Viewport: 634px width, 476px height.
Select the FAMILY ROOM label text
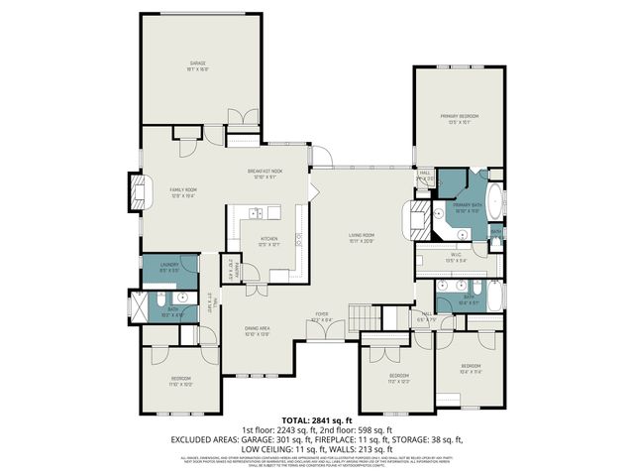point(183,191)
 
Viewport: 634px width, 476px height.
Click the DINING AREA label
point(258,330)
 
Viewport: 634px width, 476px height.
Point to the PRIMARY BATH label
point(467,207)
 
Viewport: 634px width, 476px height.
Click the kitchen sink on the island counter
point(255,212)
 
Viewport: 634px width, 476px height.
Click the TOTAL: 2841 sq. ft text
point(316,420)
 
